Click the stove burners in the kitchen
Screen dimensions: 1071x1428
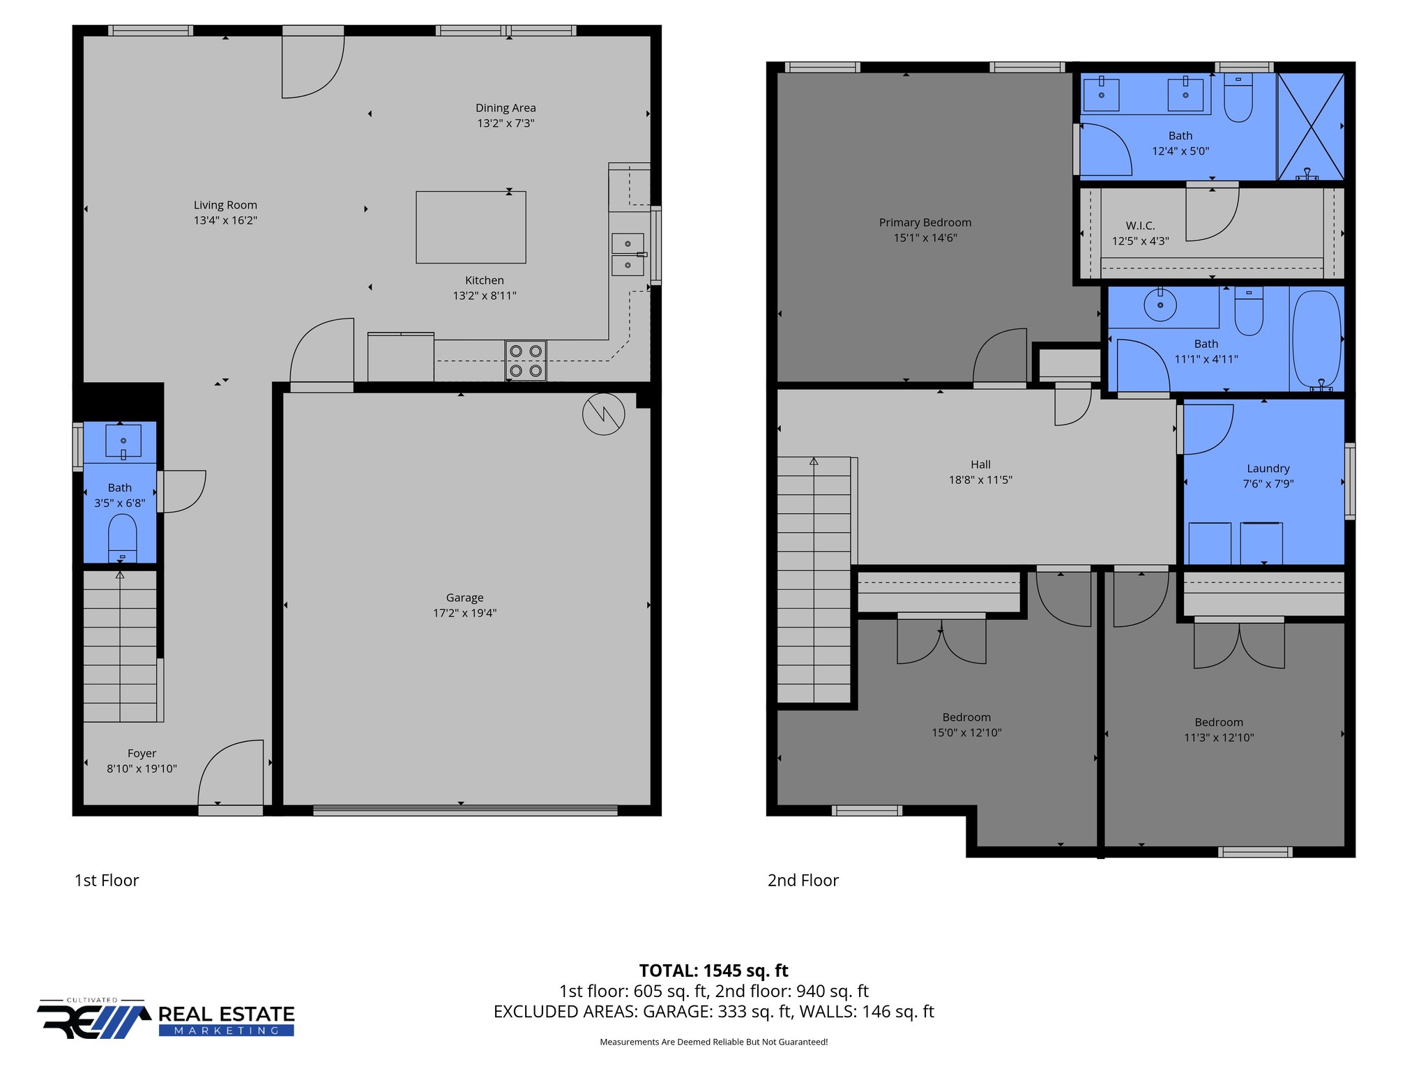526,360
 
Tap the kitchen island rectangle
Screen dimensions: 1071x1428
471,227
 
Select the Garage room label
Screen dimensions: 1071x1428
464,598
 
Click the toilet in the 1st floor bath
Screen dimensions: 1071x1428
123,538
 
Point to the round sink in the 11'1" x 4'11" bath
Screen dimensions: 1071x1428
1160,305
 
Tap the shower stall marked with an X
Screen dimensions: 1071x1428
1310,126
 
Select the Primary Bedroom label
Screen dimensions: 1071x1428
925,222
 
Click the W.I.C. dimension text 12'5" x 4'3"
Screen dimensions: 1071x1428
1140,241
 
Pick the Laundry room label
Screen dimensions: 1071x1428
1268,469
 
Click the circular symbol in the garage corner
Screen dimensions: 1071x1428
603,414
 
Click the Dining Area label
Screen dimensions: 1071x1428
506,108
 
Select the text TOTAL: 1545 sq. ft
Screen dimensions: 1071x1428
713,971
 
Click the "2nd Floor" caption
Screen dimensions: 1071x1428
803,881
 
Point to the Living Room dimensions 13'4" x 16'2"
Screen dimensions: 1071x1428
225,220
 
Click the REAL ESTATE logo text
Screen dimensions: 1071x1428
227,1014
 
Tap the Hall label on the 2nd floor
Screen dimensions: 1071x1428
980,464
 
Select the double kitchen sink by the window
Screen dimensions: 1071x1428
628,255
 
